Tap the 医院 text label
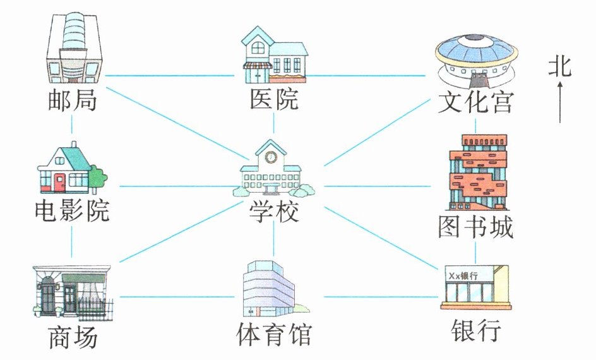[x=273, y=100]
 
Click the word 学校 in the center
[x=273, y=210]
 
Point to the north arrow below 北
[x=559, y=104]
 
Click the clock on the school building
[x=271, y=155]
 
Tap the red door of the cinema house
[x=60, y=182]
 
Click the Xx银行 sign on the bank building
[x=462, y=276]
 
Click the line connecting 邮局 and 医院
[x=170, y=76]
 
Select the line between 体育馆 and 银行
[x=379, y=296]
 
